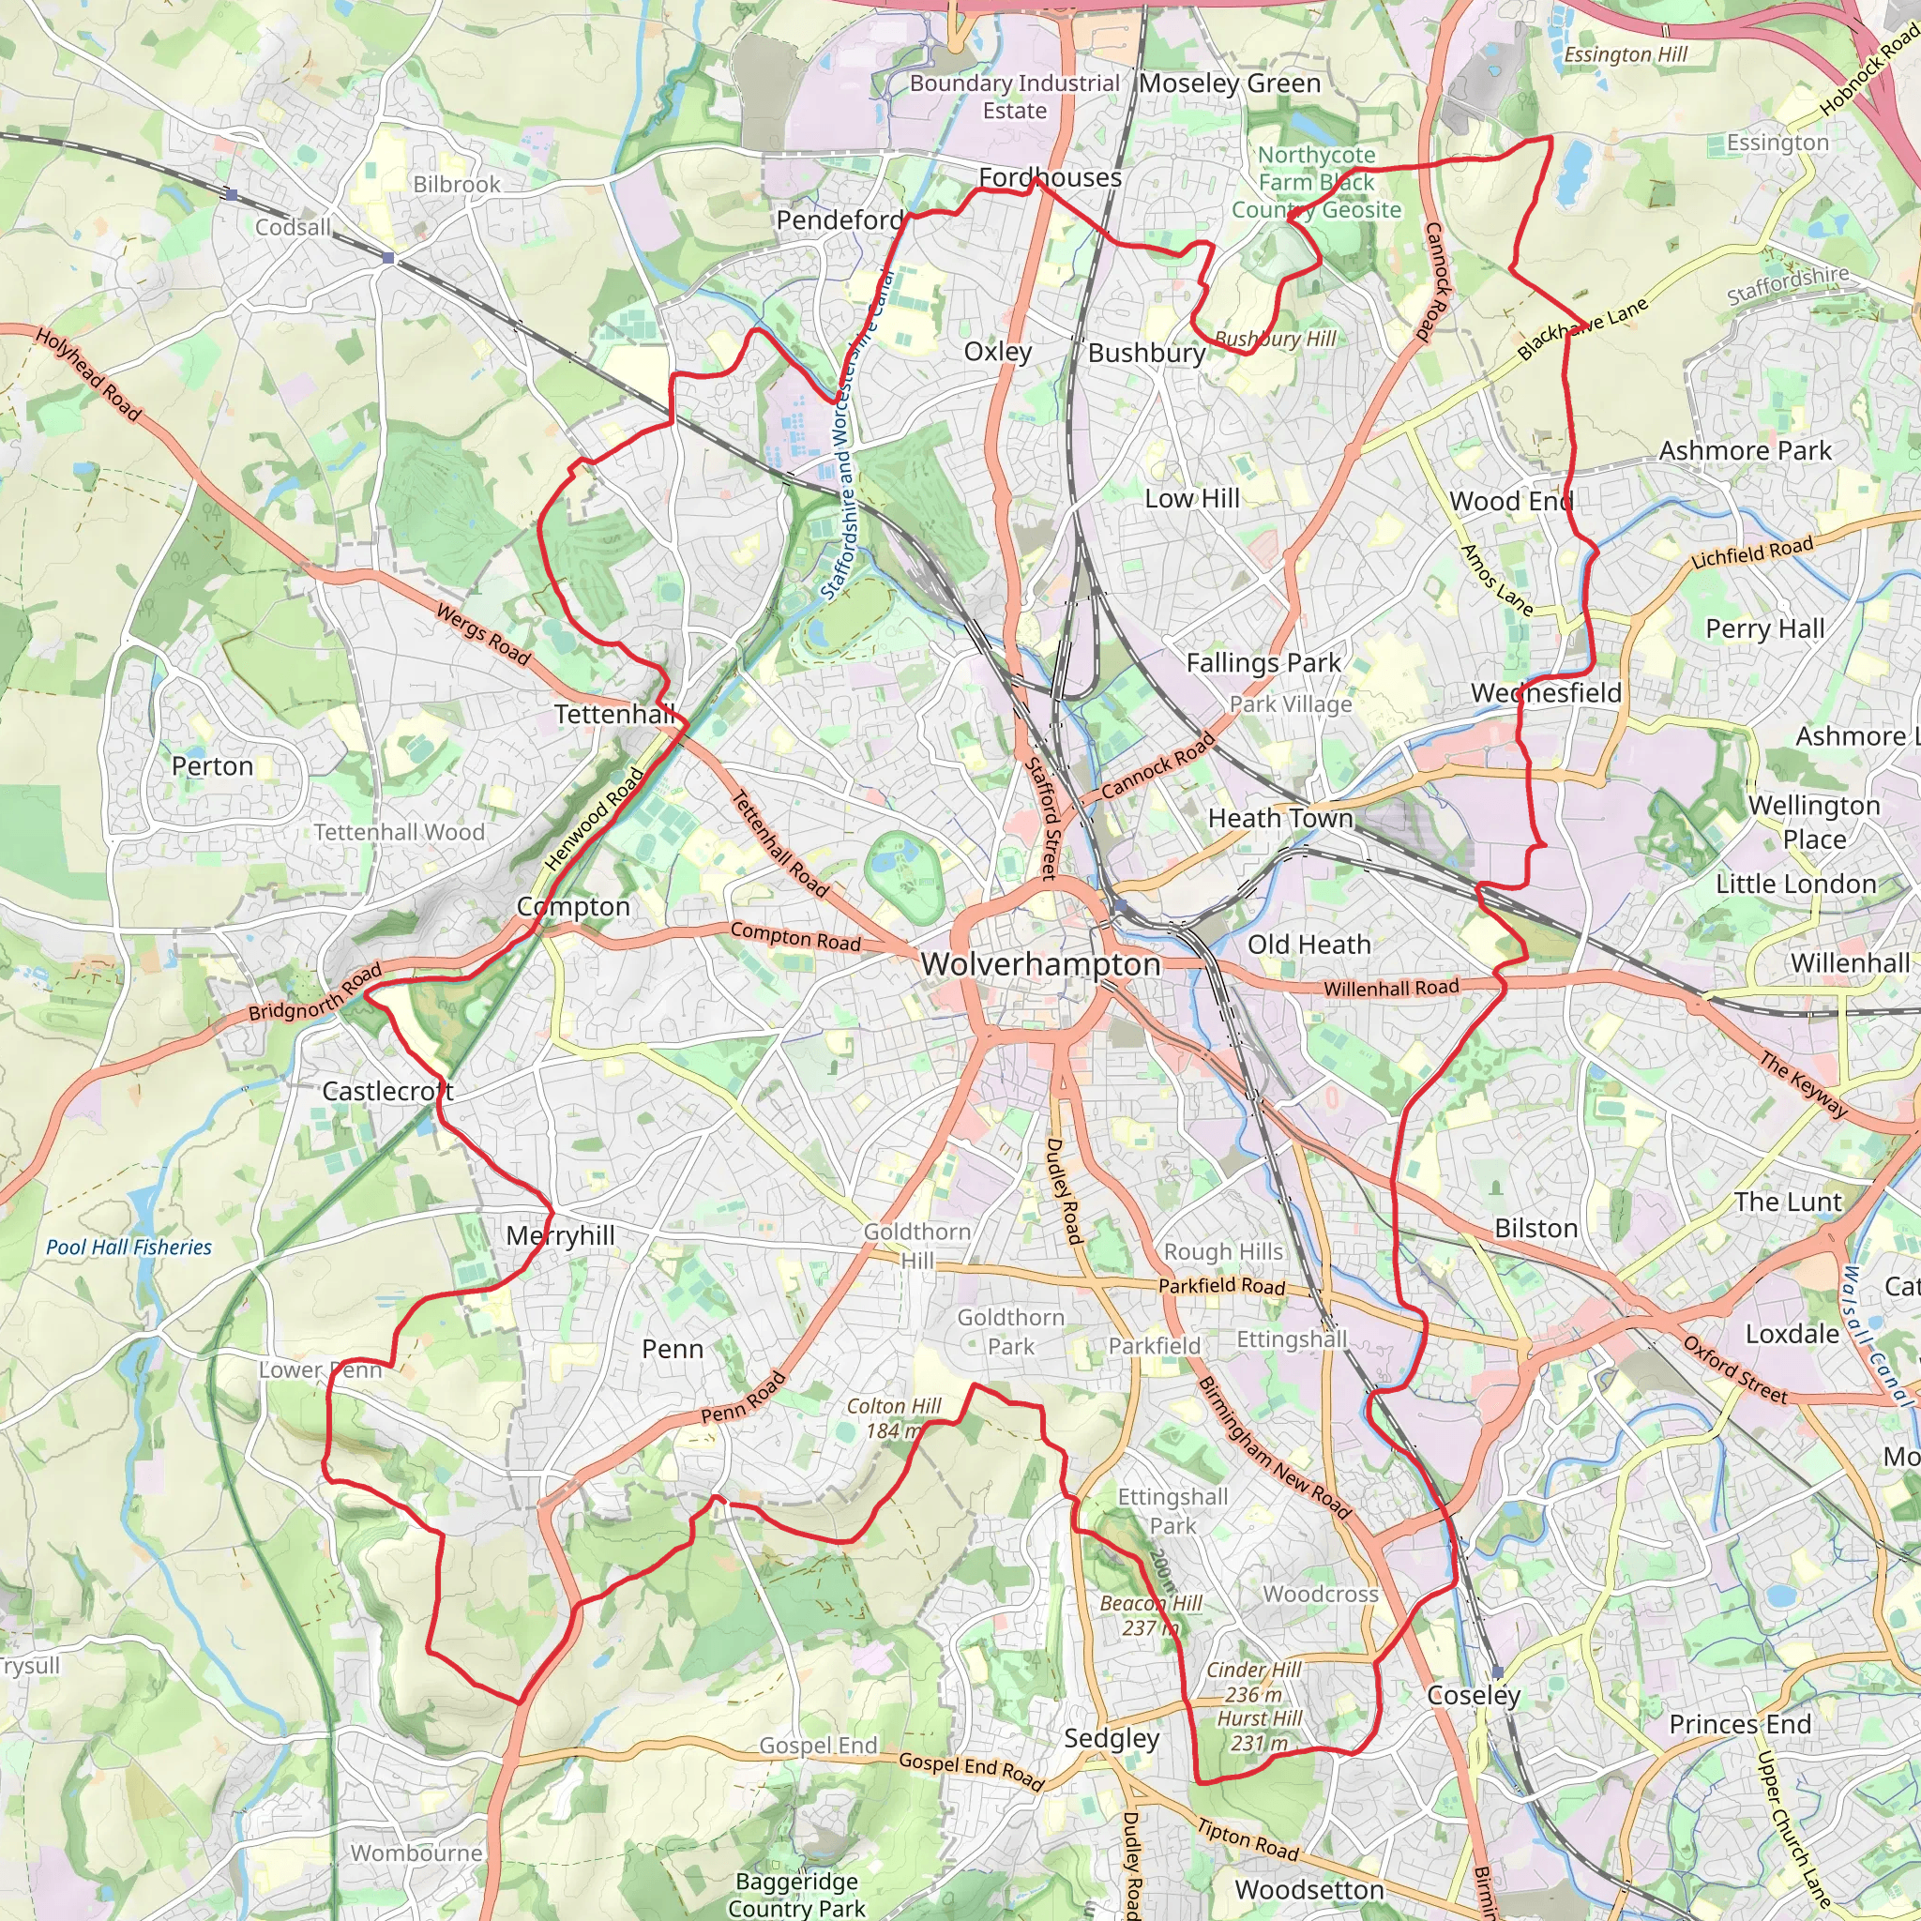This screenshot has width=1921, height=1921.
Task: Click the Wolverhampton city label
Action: [1040, 964]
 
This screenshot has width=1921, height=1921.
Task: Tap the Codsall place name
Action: [293, 228]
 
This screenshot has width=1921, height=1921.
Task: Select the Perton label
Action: [212, 766]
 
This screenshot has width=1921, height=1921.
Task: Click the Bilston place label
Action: [1536, 1229]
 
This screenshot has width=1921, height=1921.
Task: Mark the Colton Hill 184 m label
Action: [893, 1418]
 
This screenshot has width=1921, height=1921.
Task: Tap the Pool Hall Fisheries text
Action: [129, 1248]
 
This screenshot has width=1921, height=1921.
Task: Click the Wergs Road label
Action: [483, 633]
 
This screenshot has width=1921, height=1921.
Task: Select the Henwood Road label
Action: [594, 821]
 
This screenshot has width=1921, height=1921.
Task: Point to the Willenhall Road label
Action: [1391, 988]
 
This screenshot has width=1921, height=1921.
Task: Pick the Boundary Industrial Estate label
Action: [1014, 97]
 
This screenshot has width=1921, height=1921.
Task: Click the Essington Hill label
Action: [1625, 54]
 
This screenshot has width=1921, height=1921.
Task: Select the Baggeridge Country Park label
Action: [796, 1894]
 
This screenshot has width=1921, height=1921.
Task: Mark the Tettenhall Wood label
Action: [399, 832]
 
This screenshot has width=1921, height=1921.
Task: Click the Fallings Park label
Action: [1263, 663]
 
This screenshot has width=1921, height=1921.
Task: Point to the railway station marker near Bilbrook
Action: [388, 259]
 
